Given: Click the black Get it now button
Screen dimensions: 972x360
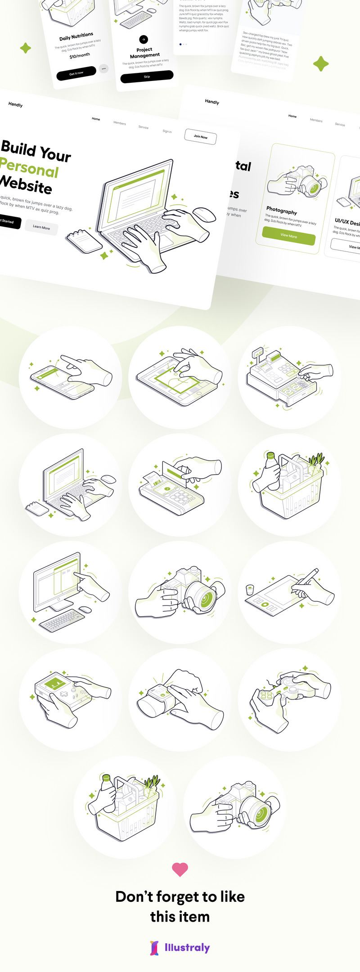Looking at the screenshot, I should [76, 73].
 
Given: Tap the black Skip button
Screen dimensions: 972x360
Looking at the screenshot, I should [147, 77].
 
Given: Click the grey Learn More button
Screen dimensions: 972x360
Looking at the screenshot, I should [41, 227].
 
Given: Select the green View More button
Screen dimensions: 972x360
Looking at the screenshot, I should [288, 235].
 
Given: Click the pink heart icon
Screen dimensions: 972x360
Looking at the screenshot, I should [180, 869].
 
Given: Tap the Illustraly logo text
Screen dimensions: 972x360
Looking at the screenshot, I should [187, 948].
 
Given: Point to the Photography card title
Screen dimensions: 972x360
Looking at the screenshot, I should [282, 211].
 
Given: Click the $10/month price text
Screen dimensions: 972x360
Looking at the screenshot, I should [80, 56].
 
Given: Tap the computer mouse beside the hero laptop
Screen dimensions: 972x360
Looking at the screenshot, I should [205, 214].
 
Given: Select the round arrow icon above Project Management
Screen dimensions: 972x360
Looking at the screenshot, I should [144, 39].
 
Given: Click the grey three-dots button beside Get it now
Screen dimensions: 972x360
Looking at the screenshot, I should [104, 68].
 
